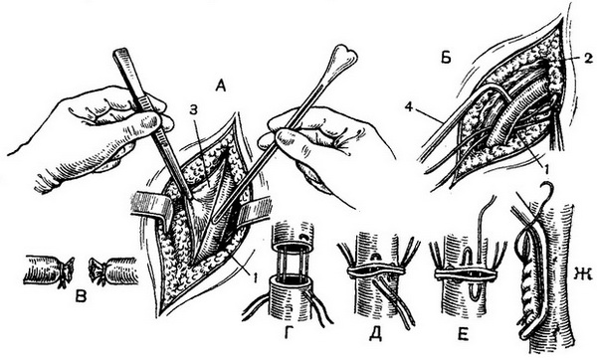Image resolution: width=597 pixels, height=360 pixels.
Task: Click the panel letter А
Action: tap(221, 87)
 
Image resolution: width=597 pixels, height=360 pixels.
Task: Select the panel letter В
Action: tap(81, 295)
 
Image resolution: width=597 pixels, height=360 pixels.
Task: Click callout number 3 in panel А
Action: tap(194, 111)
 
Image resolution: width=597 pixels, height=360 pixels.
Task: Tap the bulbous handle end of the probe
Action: tap(343, 54)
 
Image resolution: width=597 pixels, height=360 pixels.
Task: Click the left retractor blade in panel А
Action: tap(151, 207)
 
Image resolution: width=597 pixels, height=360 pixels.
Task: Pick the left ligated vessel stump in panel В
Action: tap(49, 270)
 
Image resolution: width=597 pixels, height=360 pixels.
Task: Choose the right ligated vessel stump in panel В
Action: tap(112, 270)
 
